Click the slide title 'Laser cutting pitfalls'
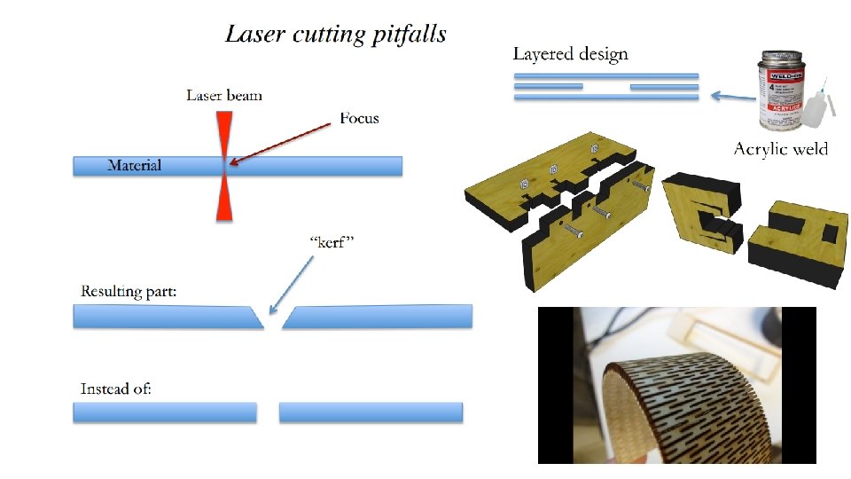[x=335, y=35]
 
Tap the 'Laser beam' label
[x=223, y=95]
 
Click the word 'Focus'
[x=359, y=117]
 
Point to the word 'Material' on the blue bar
[x=134, y=165]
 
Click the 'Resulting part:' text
[x=126, y=291]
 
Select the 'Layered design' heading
[x=570, y=54]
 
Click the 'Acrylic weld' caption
[x=780, y=149]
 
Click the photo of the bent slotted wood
[x=676, y=385]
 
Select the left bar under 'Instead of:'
[x=164, y=412]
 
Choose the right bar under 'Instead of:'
[x=371, y=412]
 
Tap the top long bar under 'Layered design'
[x=605, y=76]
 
